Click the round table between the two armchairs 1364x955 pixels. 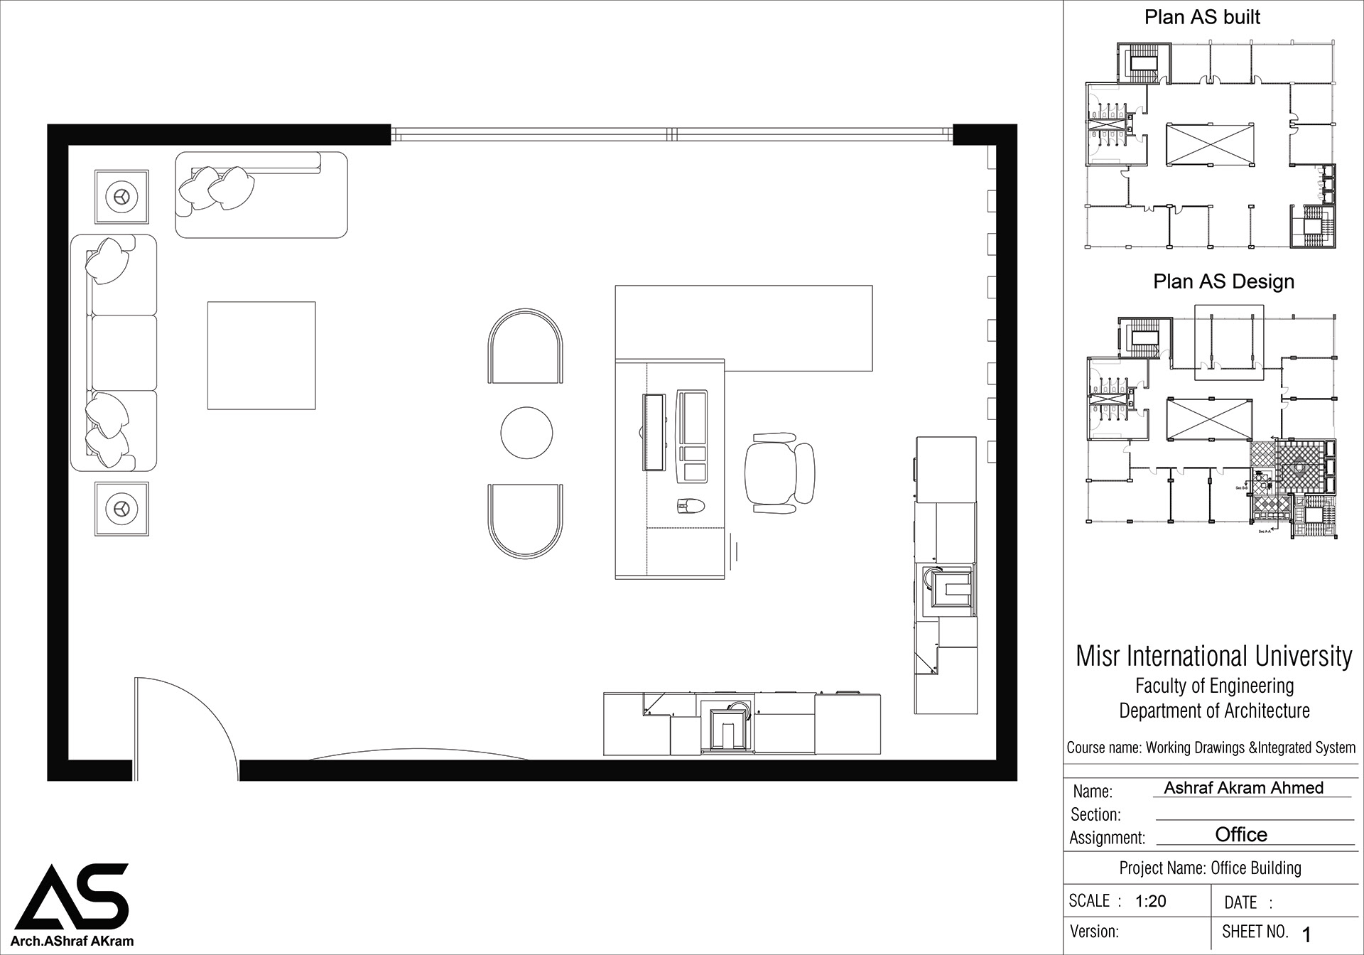click(x=526, y=433)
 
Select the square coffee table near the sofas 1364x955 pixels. click(x=261, y=355)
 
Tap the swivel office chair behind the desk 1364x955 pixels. click(x=779, y=473)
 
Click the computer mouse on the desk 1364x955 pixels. click(x=690, y=505)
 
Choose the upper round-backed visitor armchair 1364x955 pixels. click(x=526, y=347)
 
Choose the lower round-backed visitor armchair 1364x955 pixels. click(x=526, y=521)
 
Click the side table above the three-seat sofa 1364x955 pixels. click(x=122, y=196)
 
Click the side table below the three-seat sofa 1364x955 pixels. click(x=122, y=508)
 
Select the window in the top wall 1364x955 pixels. click(x=671, y=133)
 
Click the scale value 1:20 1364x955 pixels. click(x=1150, y=902)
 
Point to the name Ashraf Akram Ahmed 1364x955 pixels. click(x=1243, y=787)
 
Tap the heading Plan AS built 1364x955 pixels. click(x=1202, y=17)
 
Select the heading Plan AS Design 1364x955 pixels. click(x=1223, y=281)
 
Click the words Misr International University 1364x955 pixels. click(x=1213, y=656)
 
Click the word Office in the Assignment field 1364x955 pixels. click(x=1241, y=834)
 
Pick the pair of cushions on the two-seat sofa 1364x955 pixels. click(x=216, y=188)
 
